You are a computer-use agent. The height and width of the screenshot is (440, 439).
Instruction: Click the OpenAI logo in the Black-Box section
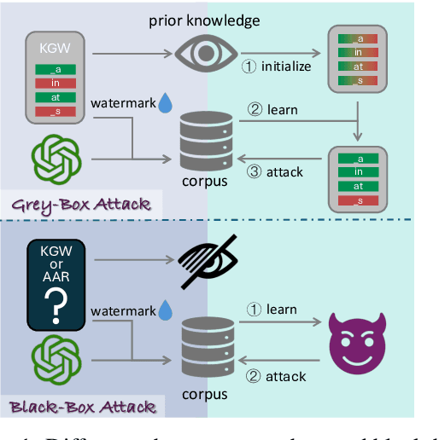(56, 359)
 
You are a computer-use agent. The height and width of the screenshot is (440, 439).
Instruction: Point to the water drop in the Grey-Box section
(165, 104)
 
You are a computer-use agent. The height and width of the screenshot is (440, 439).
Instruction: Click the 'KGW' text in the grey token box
(56, 46)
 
